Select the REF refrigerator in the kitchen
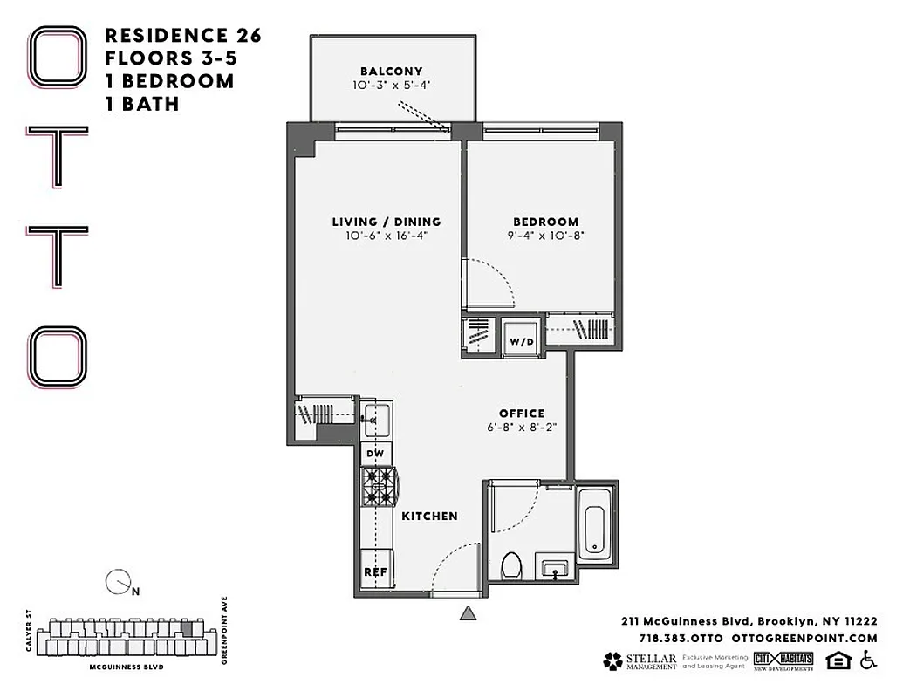coord(375,571)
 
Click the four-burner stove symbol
coord(378,488)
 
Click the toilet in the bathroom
coord(512,566)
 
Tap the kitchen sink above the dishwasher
coord(377,417)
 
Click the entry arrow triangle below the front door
coord(469,613)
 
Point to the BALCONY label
coord(392,72)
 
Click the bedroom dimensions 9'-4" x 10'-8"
coord(545,236)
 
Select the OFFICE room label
coord(522,414)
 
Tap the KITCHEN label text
coord(429,517)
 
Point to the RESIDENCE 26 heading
coord(183,36)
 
